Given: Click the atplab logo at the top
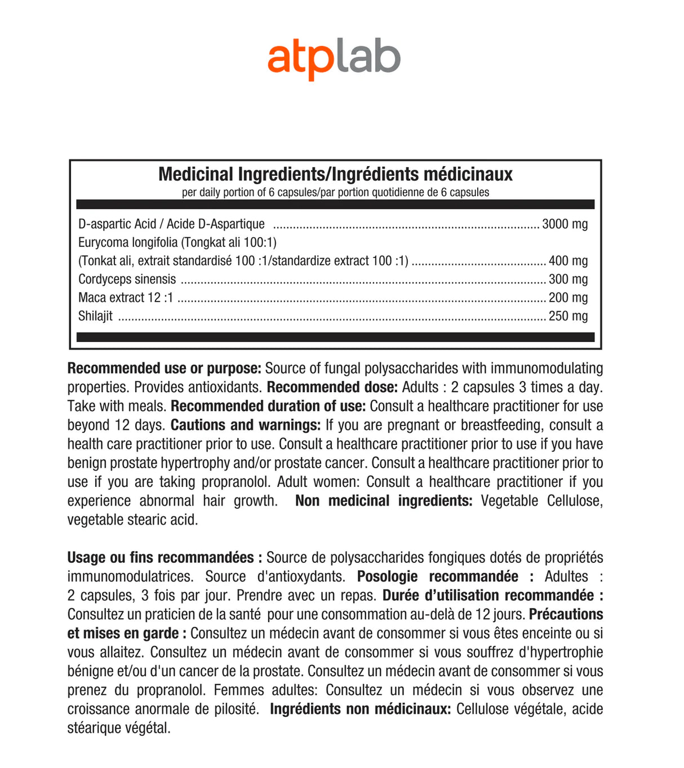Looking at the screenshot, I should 334,59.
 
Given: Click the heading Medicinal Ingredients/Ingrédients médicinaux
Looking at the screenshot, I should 335,174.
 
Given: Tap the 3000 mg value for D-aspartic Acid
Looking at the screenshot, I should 565,224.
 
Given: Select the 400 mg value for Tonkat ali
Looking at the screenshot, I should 568,261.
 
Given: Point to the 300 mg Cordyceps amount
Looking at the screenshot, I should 568,279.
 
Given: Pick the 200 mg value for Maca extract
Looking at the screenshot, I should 568,298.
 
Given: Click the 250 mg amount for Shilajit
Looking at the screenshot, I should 568,316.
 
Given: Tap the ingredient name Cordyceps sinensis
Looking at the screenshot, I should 127,279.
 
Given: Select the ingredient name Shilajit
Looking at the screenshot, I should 95,316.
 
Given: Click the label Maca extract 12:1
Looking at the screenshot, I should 126,298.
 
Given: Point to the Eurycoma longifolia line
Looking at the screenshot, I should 177,243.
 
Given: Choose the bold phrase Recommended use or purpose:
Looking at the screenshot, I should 164,369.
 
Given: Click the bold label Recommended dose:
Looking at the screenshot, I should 332,388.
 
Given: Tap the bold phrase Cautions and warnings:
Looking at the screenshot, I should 246,425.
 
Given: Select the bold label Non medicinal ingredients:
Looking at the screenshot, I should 384,501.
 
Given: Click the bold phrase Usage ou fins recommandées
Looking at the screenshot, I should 161,558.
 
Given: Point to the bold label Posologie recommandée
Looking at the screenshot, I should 438,577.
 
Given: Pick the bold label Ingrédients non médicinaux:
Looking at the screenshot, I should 360,709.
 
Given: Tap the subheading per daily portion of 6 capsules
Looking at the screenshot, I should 335,193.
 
